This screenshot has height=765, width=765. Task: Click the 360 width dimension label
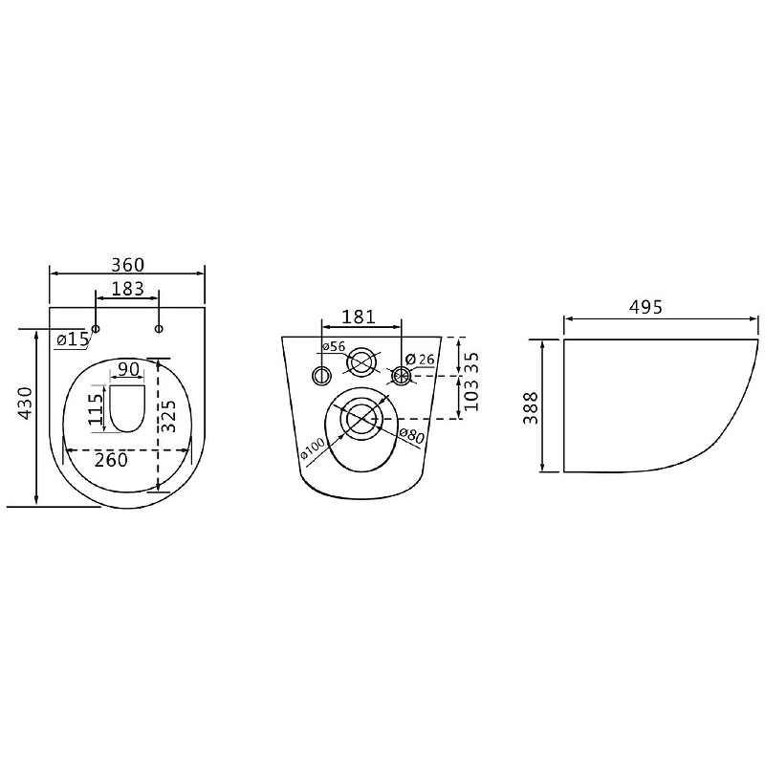click(128, 265)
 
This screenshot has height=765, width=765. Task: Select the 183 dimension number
click(128, 289)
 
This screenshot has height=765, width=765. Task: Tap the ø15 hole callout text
click(73, 339)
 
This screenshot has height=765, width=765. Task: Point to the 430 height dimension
click(25, 403)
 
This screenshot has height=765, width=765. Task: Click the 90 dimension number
click(129, 369)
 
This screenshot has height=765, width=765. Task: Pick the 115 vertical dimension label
click(96, 409)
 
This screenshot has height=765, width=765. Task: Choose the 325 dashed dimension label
click(169, 416)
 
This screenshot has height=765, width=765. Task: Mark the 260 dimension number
click(111, 460)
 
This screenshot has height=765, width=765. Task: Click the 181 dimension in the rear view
click(359, 317)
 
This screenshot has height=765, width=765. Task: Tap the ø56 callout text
click(334, 347)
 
